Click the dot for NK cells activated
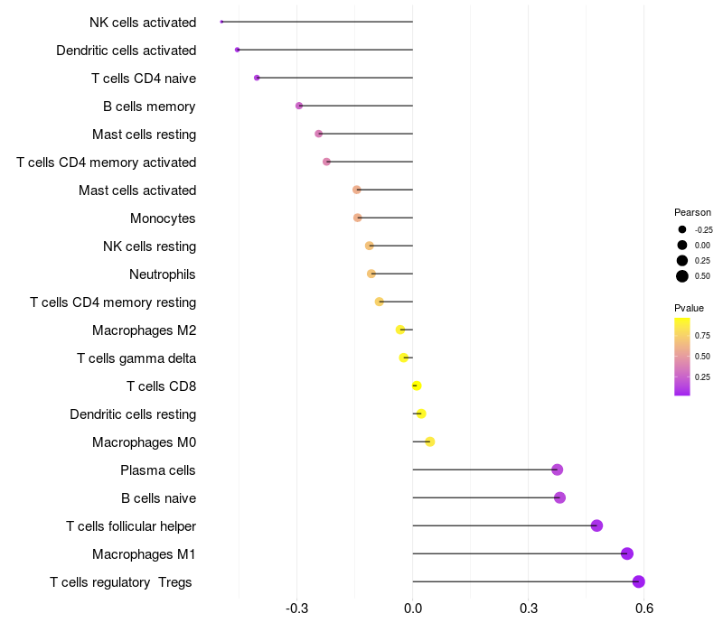point(221,22)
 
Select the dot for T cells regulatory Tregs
point(639,581)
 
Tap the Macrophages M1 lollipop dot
point(627,553)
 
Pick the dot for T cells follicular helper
point(596,525)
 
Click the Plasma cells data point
point(558,469)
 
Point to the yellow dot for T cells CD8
point(417,386)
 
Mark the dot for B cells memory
point(299,106)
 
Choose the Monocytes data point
point(358,218)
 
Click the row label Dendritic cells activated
point(127,51)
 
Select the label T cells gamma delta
point(136,358)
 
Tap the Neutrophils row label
point(163,274)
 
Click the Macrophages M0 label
point(145,442)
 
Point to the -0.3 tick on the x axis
point(297,609)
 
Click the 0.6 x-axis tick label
point(644,609)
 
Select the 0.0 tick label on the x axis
point(413,609)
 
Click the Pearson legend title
point(692,212)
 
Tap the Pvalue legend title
point(689,308)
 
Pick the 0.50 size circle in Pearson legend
point(682,276)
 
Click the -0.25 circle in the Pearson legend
point(682,229)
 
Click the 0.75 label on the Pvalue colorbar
point(702,336)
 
